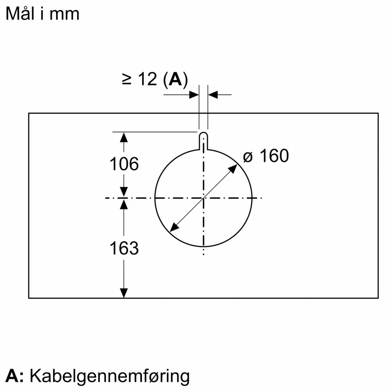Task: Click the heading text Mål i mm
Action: [x=42, y=14]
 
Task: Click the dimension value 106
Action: [x=124, y=164]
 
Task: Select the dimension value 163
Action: [x=124, y=248]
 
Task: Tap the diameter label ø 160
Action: [x=266, y=156]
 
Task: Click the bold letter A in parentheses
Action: [x=174, y=80]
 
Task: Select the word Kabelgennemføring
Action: [x=110, y=376]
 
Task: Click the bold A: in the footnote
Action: [x=15, y=376]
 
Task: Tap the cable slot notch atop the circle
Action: [x=203, y=140]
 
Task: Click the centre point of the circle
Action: [x=203, y=198]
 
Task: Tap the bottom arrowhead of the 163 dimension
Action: [x=124, y=293]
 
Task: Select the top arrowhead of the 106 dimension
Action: [x=124, y=137]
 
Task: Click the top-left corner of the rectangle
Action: [x=29, y=113]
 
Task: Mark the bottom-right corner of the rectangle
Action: [x=378, y=298]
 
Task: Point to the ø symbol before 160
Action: [x=248, y=157]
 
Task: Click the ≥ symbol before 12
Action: [x=127, y=80]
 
